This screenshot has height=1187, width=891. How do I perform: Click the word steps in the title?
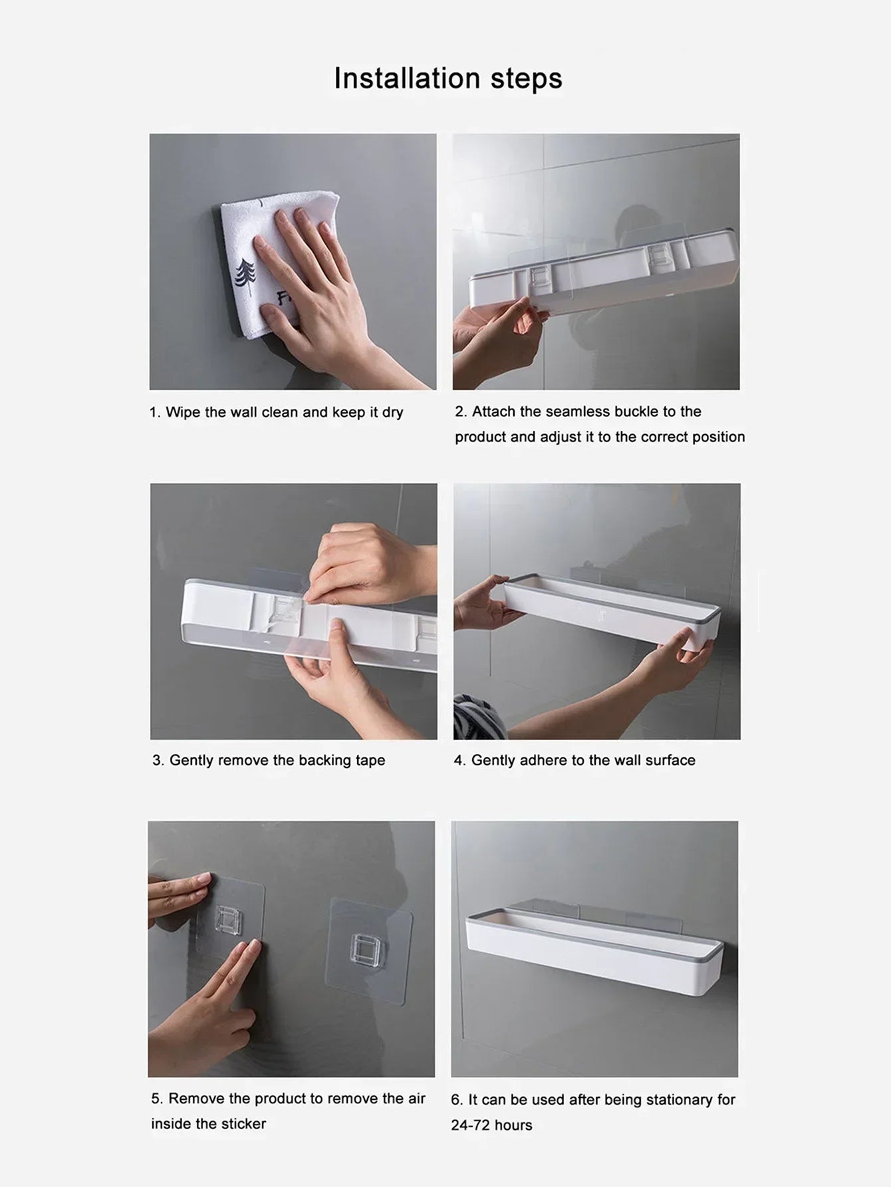526,78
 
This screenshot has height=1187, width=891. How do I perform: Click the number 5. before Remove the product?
157,1099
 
